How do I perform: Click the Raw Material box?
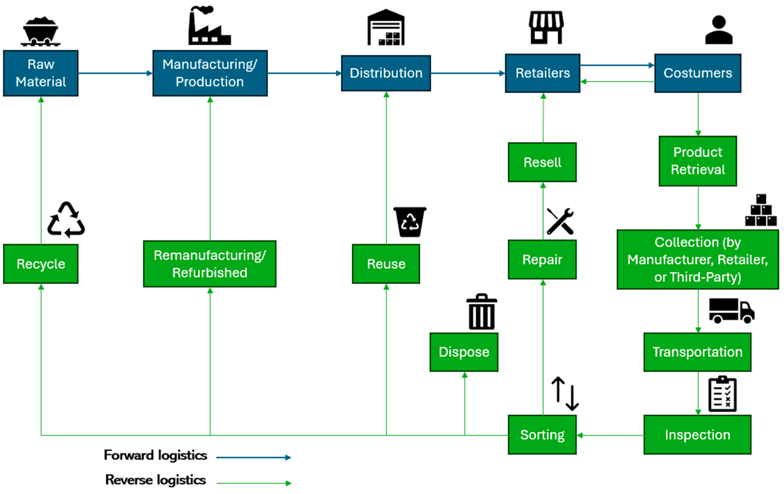click(41, 73)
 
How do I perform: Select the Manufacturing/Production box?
click(210, 73)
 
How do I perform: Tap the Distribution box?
click(386, 73)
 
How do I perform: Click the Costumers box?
click(697, 73)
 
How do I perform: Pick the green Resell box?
click(542, 162)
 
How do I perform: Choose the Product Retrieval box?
click(697, 161)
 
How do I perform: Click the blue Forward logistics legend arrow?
click(253, 458)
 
